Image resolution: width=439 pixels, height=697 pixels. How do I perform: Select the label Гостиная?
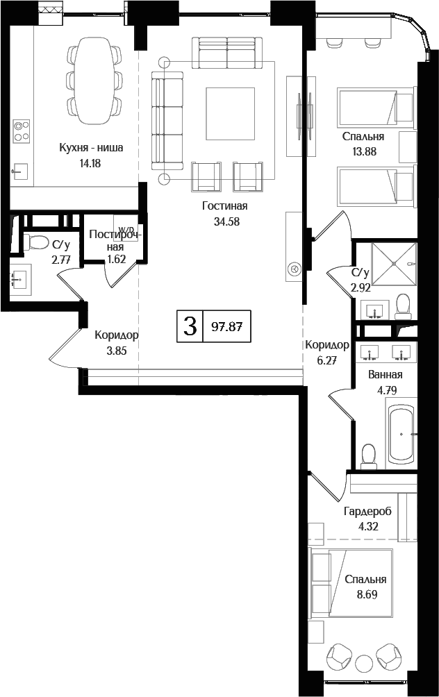(x=224, y=206)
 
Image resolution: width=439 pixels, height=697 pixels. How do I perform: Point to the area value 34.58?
(x=224, y=221)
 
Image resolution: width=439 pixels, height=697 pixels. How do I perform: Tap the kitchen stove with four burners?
(x=22, y=130)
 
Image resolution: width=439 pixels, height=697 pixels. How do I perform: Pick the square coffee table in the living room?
(x=224, y=108)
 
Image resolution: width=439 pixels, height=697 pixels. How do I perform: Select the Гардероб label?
(x=367, y=511)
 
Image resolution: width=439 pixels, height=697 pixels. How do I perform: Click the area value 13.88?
(x=363, y=152)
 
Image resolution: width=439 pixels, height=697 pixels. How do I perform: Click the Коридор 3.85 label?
(x=116, y=335)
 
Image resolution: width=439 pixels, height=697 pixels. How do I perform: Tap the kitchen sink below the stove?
(x=20, y=169)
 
